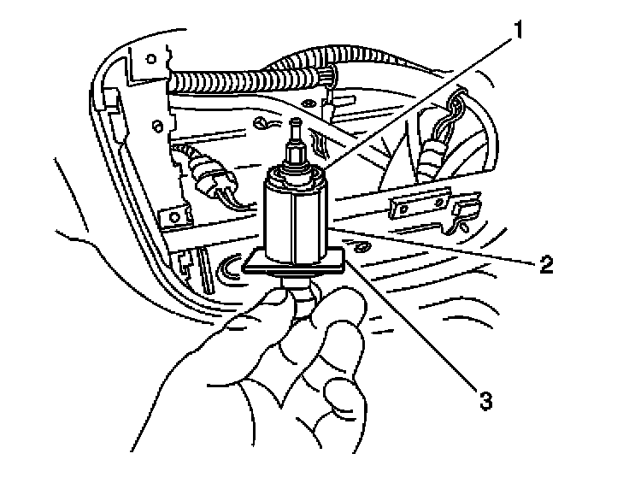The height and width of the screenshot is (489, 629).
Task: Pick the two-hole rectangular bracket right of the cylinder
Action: click(x=419, y=205)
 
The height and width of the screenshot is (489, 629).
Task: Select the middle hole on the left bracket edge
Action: click(x=156, y=129)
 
